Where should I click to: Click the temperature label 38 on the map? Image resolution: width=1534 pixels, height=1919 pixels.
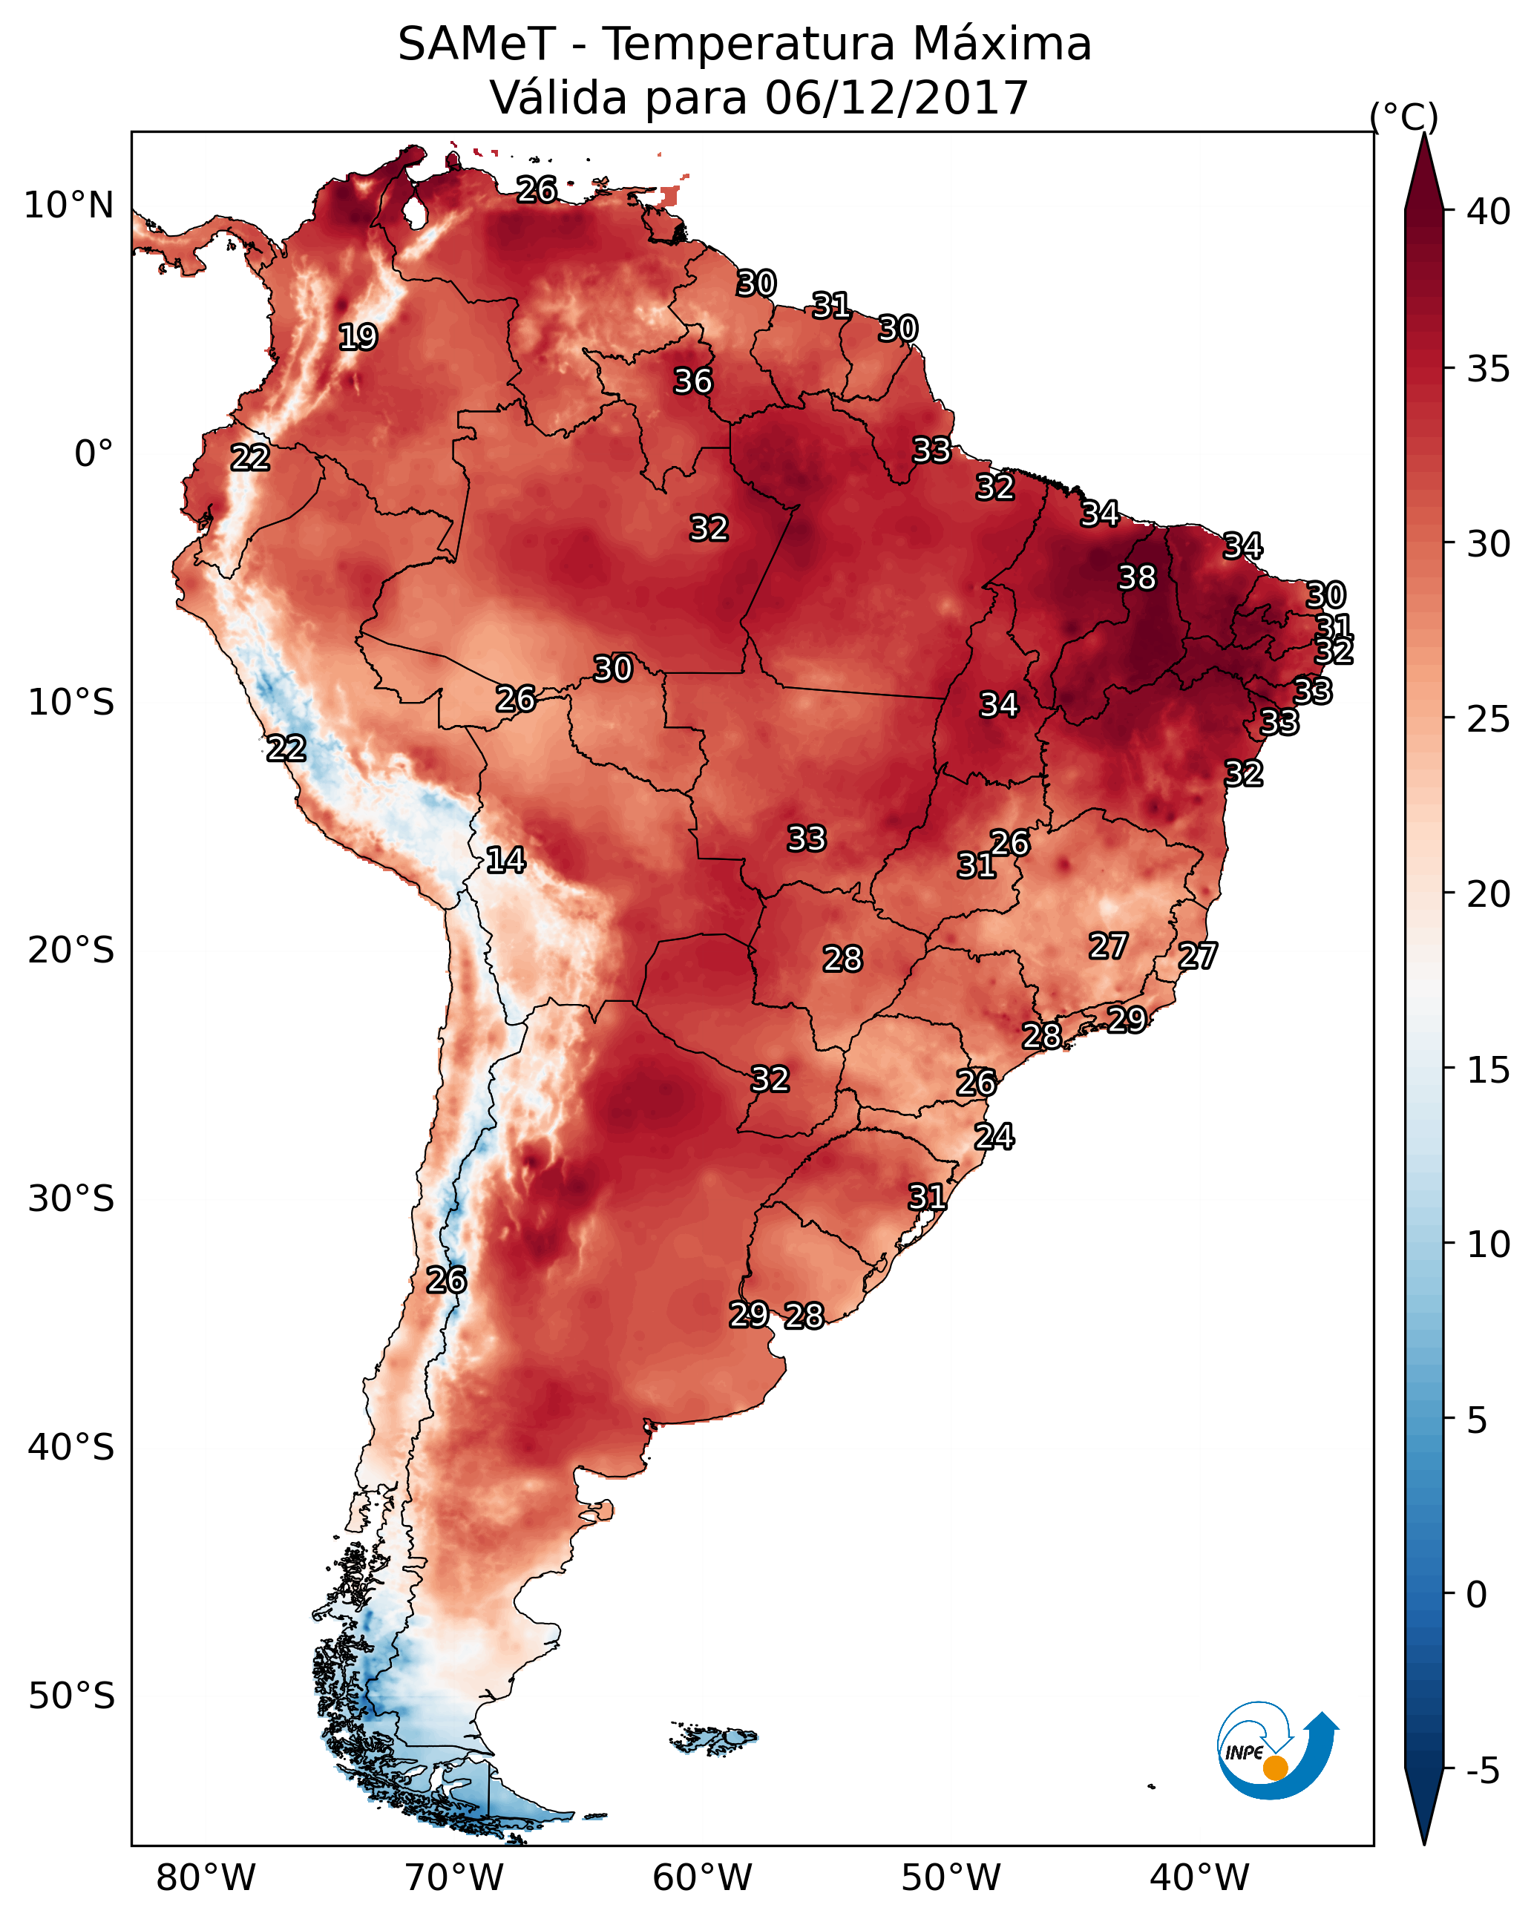point(1137,577)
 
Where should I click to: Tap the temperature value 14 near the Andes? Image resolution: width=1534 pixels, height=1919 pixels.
point(505,860)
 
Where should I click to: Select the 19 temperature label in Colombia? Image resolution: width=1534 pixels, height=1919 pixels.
point(358,338)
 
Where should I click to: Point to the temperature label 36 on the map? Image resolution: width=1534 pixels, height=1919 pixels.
point(692,381)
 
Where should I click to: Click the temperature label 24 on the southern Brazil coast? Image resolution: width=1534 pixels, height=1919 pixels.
point(994,1137)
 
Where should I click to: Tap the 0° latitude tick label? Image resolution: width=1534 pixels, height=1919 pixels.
point(94,454)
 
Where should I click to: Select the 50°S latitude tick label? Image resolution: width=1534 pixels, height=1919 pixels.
point(71,1696)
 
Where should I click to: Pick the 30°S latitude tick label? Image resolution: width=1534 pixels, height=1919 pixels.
point(71,1199)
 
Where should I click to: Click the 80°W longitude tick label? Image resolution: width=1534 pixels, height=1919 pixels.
point(206,1878)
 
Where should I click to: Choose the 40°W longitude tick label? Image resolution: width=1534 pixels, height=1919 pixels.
point(1199,1878)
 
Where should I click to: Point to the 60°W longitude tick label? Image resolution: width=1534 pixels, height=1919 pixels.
point(703,1878)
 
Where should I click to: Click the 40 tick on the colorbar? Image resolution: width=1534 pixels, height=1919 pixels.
point(1489,211)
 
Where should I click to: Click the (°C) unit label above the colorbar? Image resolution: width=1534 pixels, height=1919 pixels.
point(1404,117)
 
